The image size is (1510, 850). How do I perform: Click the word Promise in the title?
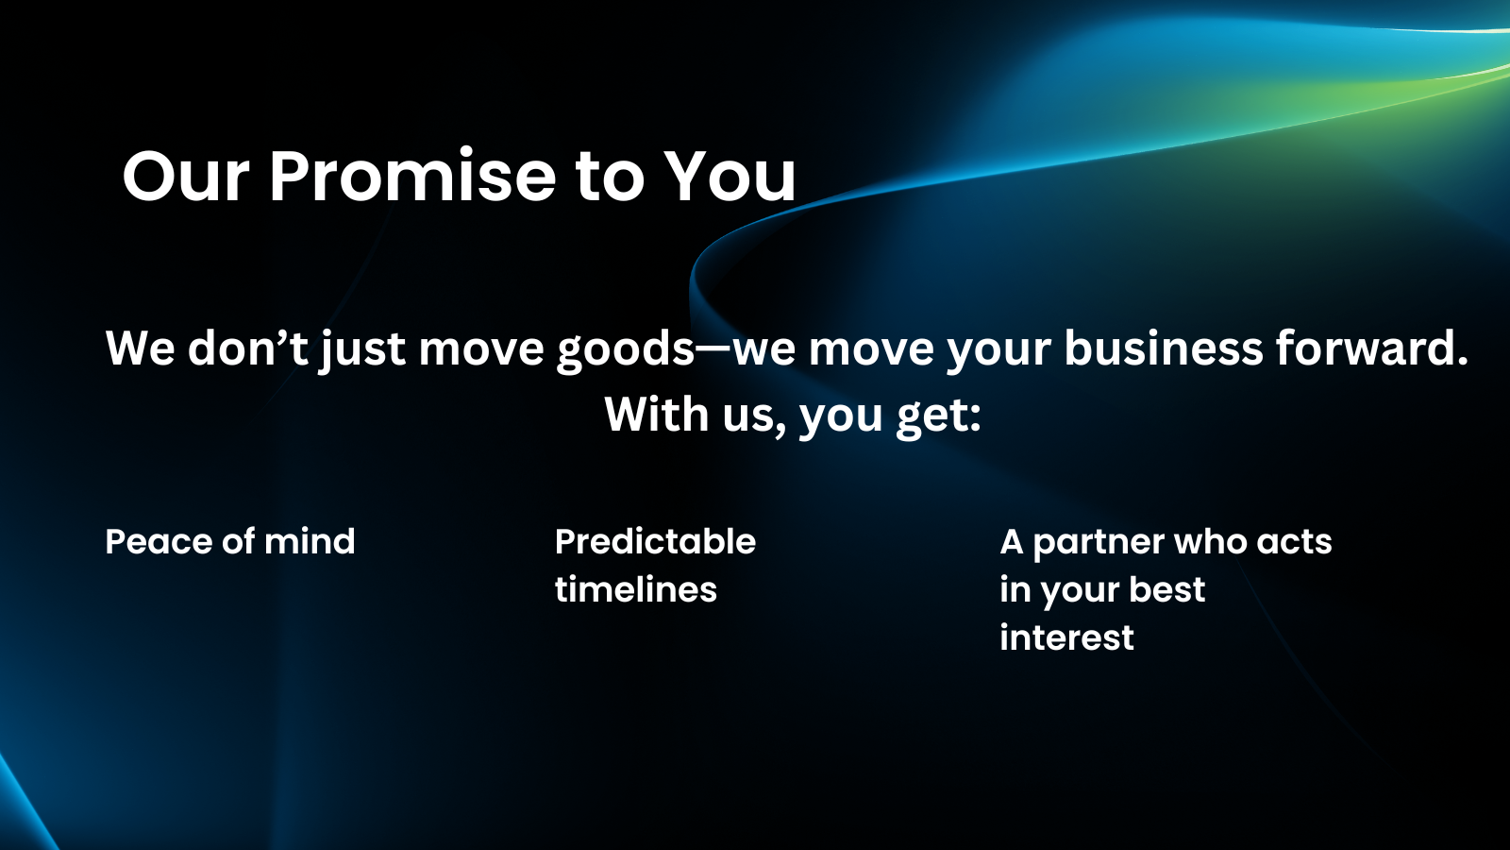coord(412,176)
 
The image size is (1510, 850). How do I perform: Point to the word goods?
coord(625,350)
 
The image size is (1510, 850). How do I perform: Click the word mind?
coord(310,541)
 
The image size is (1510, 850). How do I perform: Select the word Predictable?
coord(655,541)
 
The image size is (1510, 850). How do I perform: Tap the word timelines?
coord(636,589)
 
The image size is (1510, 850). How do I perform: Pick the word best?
coord(1166,589)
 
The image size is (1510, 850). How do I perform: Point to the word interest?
coord(1066,637)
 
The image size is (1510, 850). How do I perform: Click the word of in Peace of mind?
coord(238,541)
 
